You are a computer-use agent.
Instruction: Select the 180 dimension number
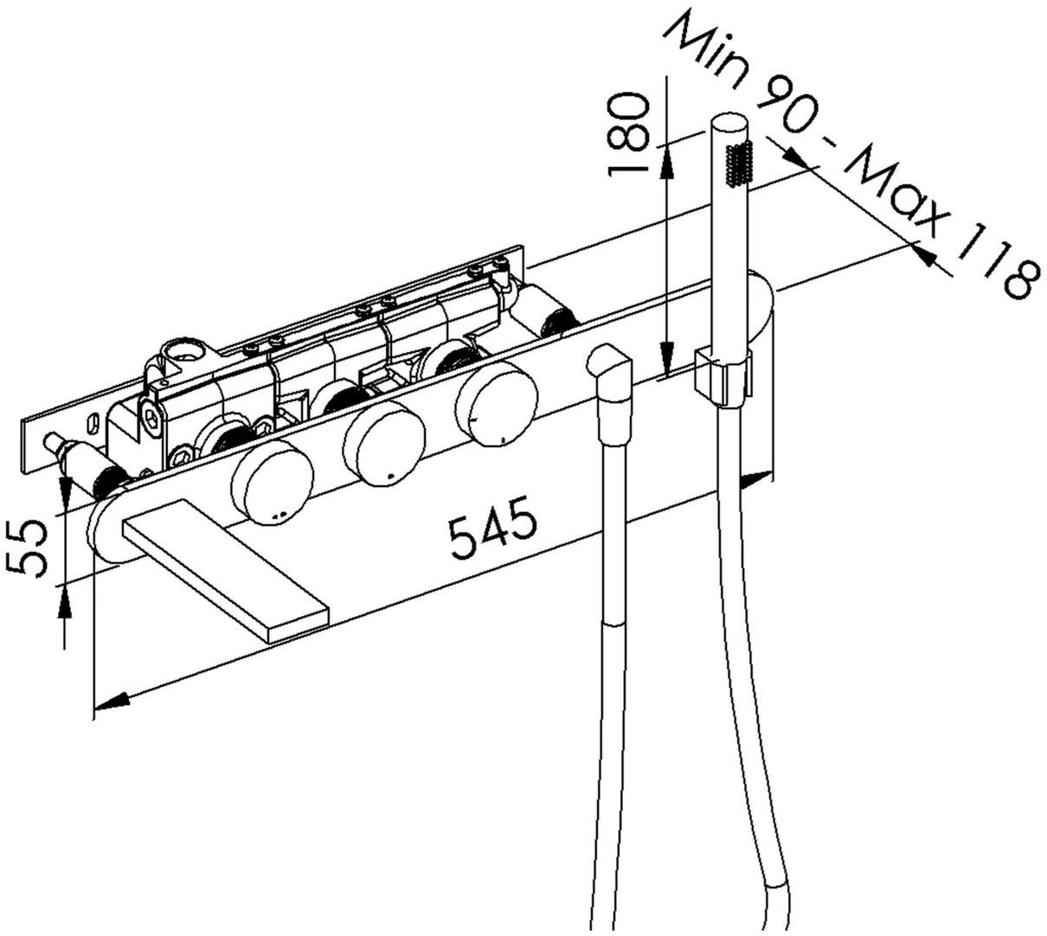[629, 135]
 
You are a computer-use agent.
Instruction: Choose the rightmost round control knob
[495, 402]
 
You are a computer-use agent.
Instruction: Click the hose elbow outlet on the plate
[612, 372]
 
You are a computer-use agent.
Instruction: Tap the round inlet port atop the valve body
[183, 351]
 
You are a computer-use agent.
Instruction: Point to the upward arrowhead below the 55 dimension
[65, 599]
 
